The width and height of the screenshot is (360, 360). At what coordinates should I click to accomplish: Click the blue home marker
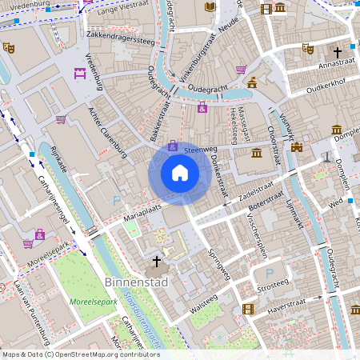click(180, 173)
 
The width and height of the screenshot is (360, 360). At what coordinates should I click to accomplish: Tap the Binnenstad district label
click(132, 282)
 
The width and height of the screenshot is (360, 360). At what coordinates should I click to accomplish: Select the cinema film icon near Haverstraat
click(248, 309)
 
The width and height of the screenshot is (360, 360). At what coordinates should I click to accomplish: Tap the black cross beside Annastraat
click(338, 53)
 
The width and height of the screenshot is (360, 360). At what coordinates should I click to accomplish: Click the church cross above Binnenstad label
click(156, 262)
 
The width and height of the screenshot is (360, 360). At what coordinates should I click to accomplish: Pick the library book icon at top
click(210, 7)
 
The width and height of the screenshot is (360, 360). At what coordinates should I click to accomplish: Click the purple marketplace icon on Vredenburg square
click(80, 74)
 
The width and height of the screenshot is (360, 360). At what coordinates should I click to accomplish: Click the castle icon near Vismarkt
click(297, 147)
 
